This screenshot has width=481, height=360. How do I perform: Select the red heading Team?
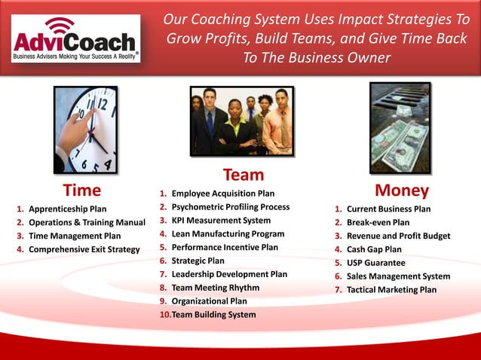click(243, 175)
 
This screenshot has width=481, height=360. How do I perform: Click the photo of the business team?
click(241, 121)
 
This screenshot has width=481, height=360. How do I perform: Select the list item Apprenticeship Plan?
click(67, 209)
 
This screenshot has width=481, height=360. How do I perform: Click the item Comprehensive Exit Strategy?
click(84, 249)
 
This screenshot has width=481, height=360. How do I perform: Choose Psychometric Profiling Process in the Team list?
click(230, 206)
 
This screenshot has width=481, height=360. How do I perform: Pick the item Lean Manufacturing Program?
click(228, 233)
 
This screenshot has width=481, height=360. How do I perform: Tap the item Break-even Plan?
click(378, 222)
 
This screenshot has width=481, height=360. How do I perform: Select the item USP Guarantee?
click(375, 263)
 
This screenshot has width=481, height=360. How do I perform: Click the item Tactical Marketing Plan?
click(391, 290)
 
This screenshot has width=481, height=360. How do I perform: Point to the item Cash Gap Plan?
click(374, 249)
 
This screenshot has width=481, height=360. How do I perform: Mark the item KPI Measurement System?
click(221, 220)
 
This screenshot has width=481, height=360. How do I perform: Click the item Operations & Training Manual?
click(87, 222)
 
